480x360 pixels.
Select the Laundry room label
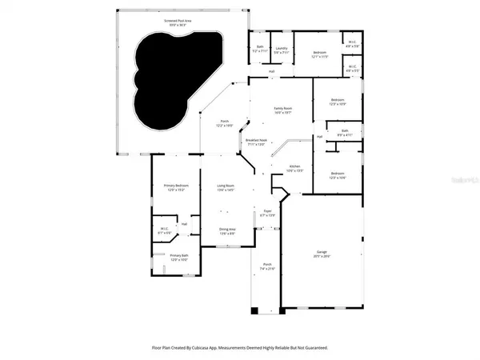point(281,50)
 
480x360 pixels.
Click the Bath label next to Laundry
point(260,50)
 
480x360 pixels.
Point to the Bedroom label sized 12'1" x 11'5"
point(320,54)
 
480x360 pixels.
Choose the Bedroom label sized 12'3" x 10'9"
point(337,102)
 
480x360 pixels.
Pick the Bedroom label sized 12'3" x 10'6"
point(337,175)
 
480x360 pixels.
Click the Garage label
point(321,254)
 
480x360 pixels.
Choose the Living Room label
point(226,187)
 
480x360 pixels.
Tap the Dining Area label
point(228,231)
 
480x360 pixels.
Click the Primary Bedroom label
point(175,187)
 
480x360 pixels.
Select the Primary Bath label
point(178,258)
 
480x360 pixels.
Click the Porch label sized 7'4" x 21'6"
point(267,267)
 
